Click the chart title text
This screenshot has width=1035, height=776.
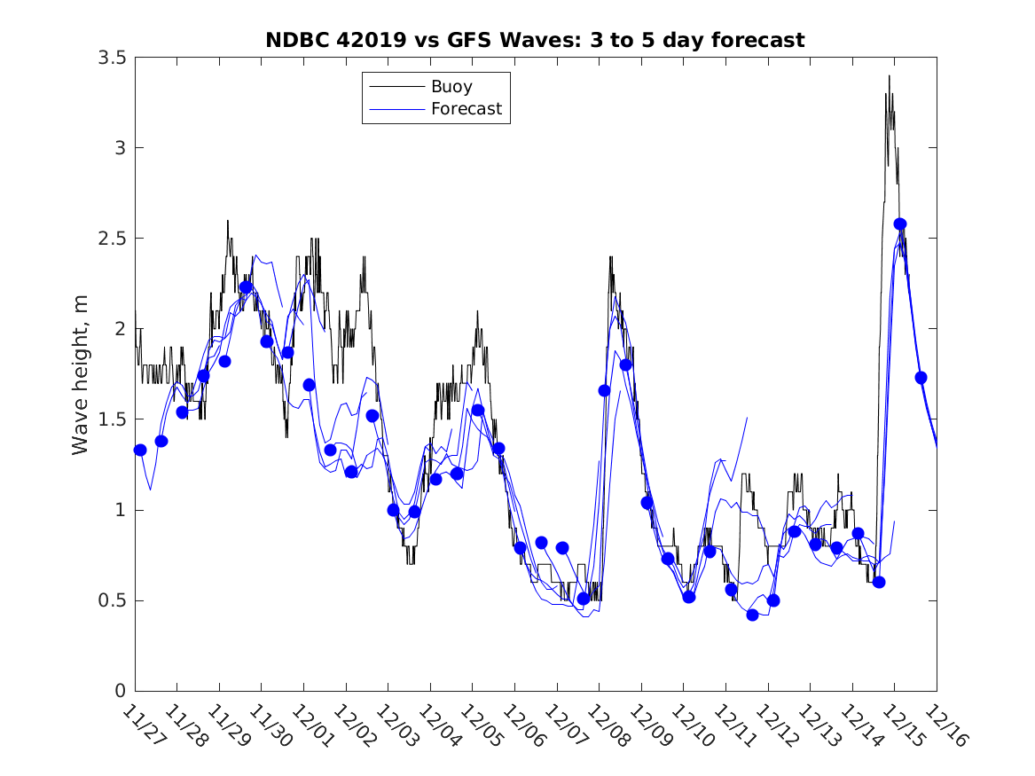(x=535, y=40)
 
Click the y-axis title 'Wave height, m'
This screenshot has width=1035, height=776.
(x=81, y=375)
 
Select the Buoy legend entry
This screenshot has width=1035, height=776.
(x=451, y=87)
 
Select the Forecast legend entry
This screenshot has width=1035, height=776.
(x=467, y=109)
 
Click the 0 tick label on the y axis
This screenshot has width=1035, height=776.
(x=119, y=691)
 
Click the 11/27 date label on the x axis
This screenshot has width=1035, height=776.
(x=141, y=725)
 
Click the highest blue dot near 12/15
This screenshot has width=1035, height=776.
(x=900, y=223)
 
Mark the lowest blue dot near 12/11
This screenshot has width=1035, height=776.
(x=753, y=615)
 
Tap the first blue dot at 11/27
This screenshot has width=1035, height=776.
(x=140, y=450)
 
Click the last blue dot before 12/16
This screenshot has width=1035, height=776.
(x=921, y=377)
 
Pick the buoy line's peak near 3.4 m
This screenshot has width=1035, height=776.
(x=889, y=76)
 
